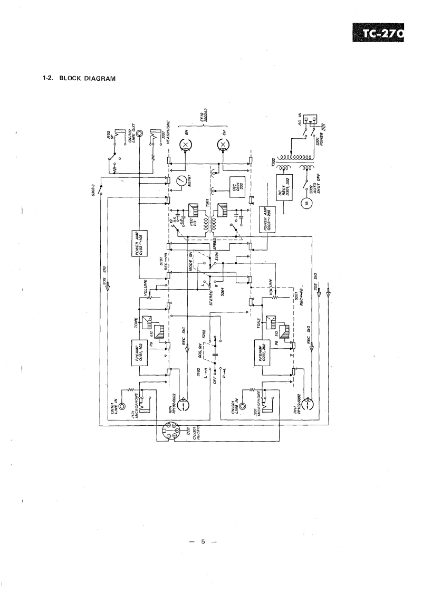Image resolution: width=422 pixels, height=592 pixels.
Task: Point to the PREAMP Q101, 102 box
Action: point(139,351)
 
